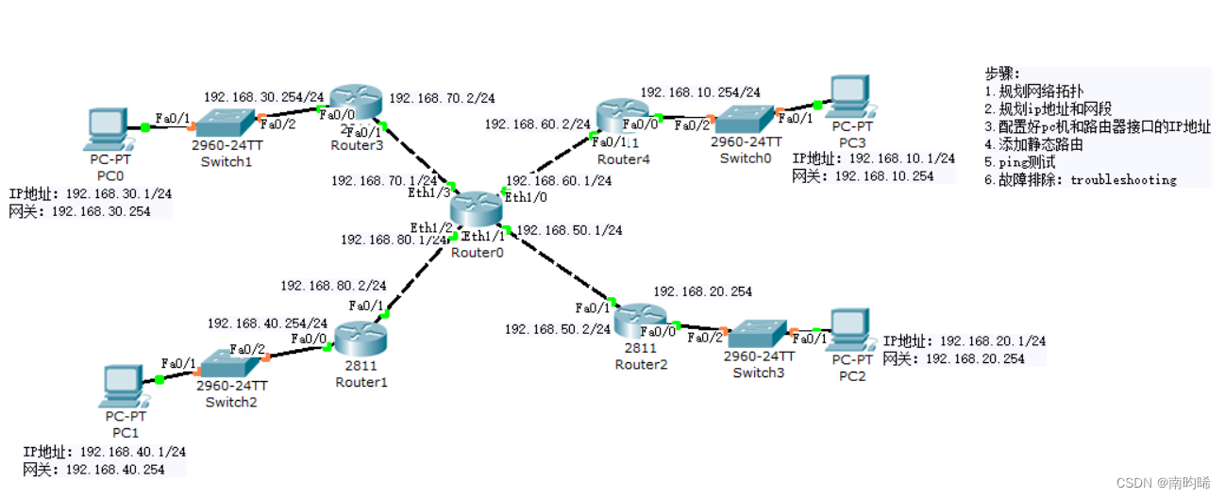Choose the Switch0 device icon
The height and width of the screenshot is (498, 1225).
(746, 119)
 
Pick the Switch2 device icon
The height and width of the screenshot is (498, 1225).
(231, 362)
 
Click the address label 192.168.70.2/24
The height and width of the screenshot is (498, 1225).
(442, 97)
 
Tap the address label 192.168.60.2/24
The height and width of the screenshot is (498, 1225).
(537, 124)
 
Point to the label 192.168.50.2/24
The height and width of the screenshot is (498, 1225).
(557, 329)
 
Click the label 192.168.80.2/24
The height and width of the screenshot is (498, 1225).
(333, 285)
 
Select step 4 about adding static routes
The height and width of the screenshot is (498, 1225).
(1033, 144)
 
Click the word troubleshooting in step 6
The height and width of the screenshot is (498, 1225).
(1123, 179)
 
